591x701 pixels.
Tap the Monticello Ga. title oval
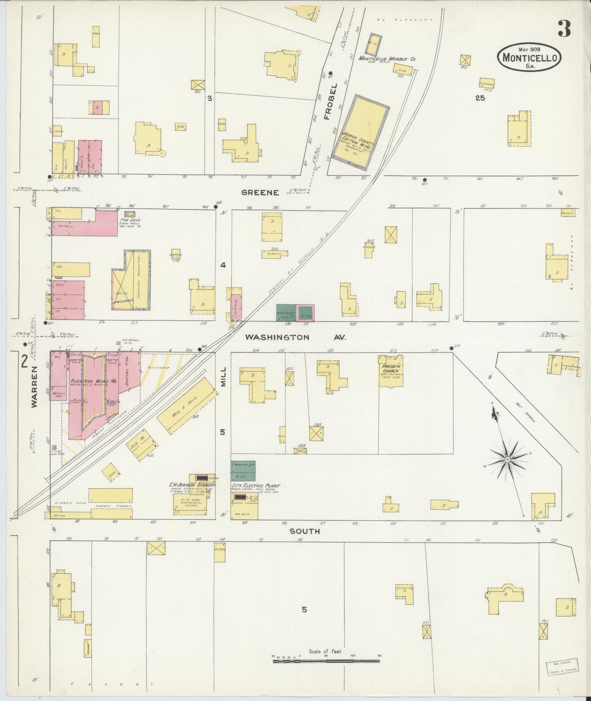pyautogui.click(x=529, y=57)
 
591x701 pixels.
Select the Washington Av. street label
pyautogui.click(x=295, y=337)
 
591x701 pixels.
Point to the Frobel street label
pyautogui.click(x=333, y=101)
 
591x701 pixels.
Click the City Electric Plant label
pyautogui.click(x=255, y=486)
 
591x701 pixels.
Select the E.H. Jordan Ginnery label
pyautogui.click(x=192, y=485)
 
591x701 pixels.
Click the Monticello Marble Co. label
pyautogui.click(x=387, y=59)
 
